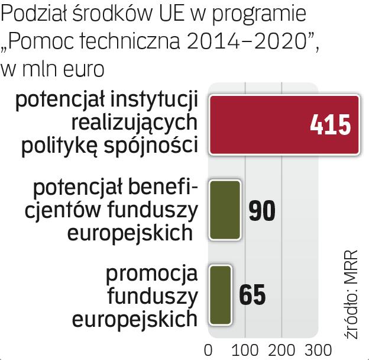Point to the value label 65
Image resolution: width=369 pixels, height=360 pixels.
(253, 294)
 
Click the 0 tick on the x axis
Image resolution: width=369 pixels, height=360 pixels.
(208, 349)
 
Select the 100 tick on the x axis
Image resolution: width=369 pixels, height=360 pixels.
(245, 349)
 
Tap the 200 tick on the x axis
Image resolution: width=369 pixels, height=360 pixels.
(281, 349)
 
